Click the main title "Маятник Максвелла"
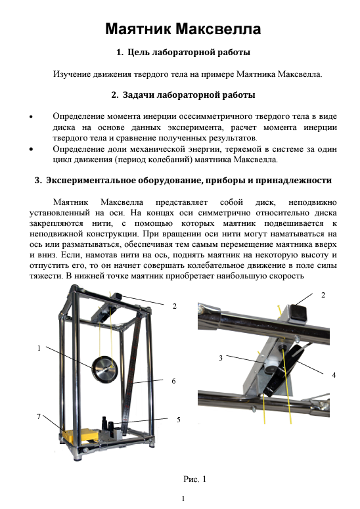183,29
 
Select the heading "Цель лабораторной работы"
189,52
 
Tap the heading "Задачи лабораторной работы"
189,95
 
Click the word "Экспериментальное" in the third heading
91,180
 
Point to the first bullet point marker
31,117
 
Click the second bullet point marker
31,149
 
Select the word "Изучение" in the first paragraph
72,74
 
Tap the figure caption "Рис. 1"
194,479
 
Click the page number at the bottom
183,498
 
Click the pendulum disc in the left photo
104,369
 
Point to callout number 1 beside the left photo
39,348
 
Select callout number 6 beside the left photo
173,381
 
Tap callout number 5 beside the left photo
179,420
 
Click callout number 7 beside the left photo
39,416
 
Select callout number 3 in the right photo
221,358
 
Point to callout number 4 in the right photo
334,375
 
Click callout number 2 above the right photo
323,295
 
